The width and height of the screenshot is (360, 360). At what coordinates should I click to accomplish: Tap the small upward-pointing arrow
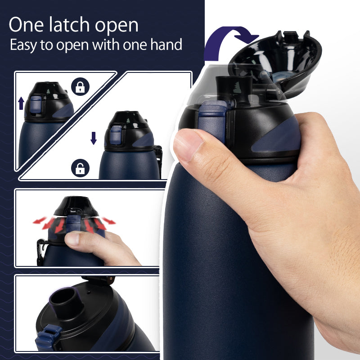[21, 104]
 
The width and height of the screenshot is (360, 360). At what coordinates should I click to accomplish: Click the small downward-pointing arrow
[93, 138]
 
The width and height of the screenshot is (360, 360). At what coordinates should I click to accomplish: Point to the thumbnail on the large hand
[188, 145]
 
